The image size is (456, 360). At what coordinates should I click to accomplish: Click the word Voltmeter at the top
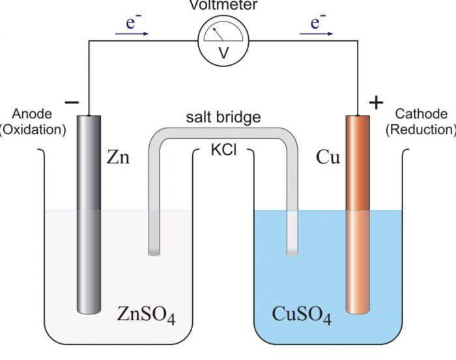(223, 5)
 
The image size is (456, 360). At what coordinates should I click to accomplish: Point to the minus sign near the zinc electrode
(72, 102)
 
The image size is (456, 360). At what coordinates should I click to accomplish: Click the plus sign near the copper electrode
(377, 102)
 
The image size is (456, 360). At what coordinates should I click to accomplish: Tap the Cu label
(328, 158)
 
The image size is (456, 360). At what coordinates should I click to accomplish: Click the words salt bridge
(223, 117)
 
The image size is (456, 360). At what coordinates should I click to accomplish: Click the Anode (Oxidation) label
(33, 122)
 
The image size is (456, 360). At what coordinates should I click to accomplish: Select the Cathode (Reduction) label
(421, 122)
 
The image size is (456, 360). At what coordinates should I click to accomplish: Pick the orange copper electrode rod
(358, 215)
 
